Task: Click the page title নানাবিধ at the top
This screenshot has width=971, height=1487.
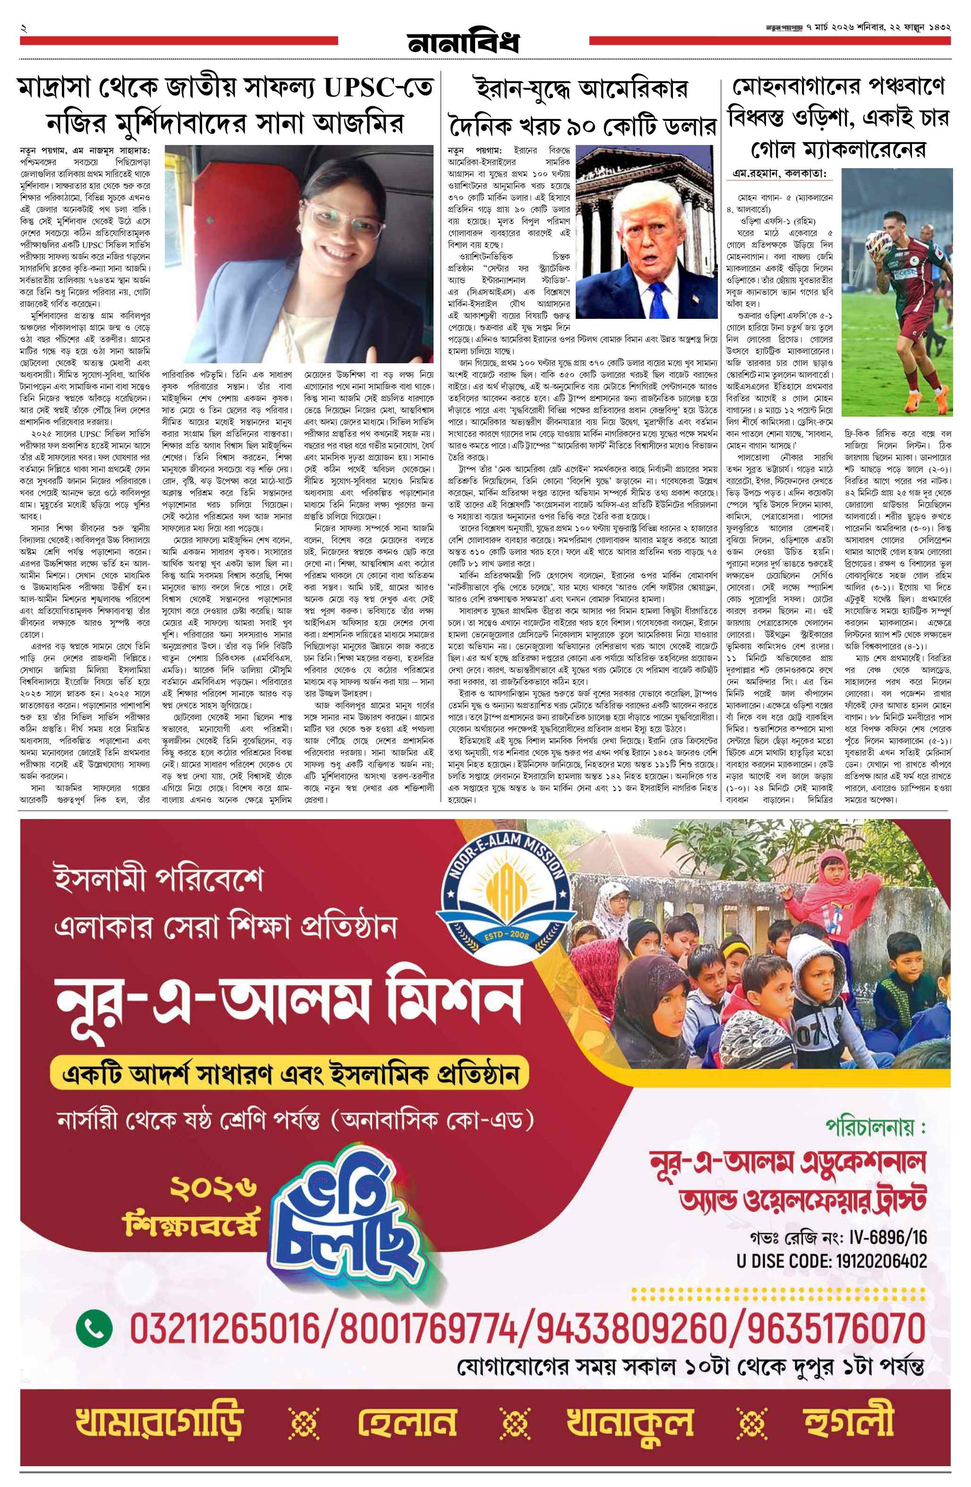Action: click(463, 43)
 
